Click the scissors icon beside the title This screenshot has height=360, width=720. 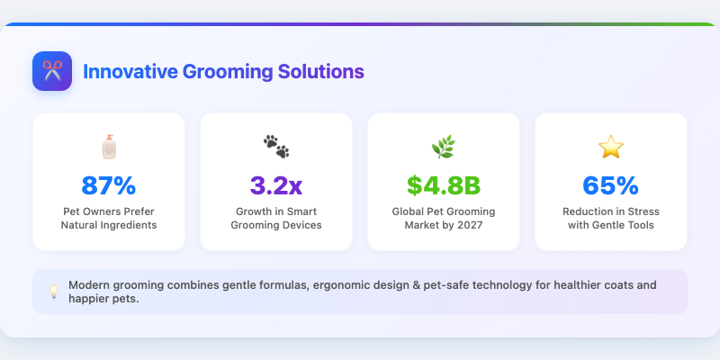51,71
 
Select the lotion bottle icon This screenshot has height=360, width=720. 109,147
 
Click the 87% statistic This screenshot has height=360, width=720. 109,185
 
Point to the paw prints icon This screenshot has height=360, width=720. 276,147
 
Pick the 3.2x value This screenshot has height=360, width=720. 276,185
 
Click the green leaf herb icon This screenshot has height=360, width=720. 444,147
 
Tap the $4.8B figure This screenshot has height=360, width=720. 444,185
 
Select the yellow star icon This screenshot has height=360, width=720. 611,147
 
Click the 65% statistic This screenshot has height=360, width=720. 611,185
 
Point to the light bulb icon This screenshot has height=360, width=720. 53,292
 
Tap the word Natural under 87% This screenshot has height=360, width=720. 81,225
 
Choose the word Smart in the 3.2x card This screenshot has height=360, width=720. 301,211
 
